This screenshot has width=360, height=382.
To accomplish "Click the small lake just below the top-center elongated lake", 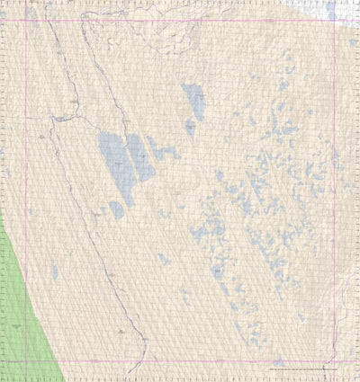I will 191,128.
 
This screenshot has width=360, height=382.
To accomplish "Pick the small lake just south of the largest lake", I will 117,209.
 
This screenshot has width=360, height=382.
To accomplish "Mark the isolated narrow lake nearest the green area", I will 55,270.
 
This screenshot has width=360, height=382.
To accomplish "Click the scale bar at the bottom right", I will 302,369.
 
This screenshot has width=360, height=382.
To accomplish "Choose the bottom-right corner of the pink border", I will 335,361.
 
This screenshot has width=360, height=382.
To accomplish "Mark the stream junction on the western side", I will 56,118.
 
